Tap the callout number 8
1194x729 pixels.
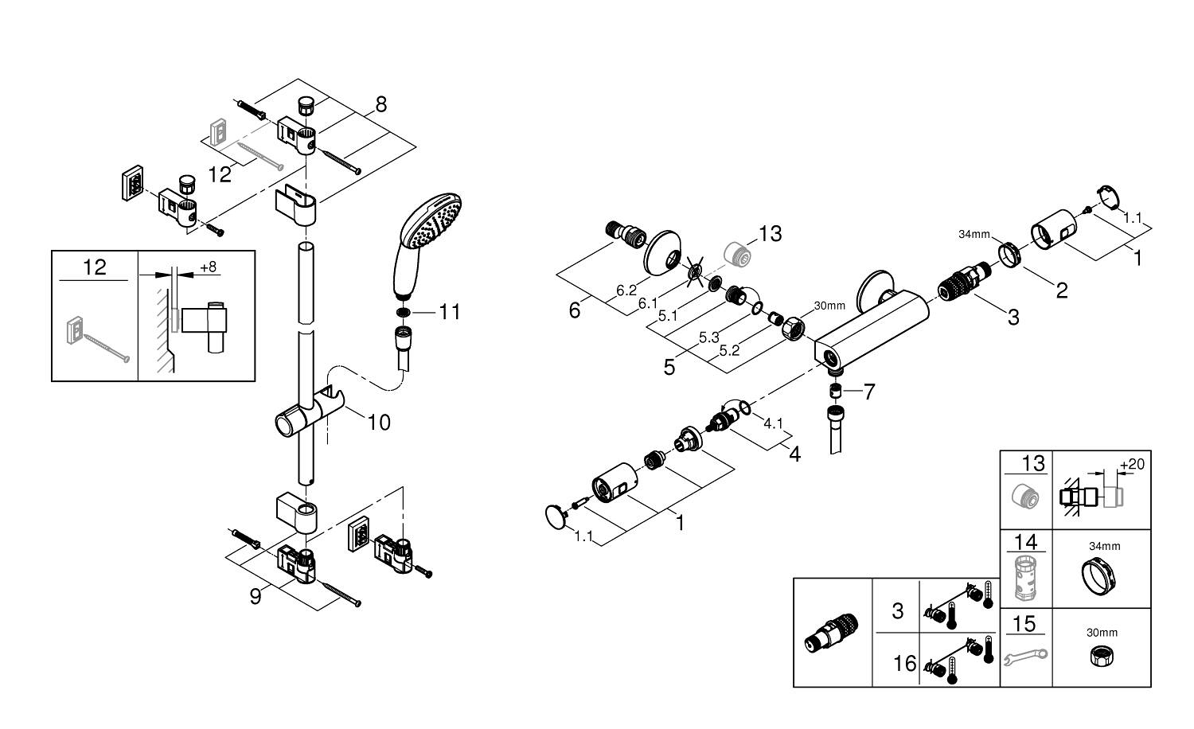[x=380, y=104]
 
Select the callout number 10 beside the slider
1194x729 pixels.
[x=379, y=422]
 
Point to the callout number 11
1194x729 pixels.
[x=449, y=312]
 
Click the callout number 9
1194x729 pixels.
[x=256, y=597]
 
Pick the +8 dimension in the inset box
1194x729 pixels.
[x=209, y=267]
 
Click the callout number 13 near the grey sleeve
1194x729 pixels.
[x=771, y=233]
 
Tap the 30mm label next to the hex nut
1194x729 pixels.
[x=829, y=306]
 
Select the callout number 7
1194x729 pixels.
[x=869, y=392]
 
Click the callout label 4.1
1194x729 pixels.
[x=773, y=423]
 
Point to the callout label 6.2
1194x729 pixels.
[x=626, y=290]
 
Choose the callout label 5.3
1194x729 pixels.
[x=709, y=337]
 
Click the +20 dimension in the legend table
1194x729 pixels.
[x=1132, y=465]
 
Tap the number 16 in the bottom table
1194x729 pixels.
[x=904, y=664]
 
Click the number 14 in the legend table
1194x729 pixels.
[x=1025, y=542]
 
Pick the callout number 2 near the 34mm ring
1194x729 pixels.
[x=1062, y=290]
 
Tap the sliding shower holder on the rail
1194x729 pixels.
[x=309, y=414]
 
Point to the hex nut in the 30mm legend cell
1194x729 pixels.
[x=1102, y=655]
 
